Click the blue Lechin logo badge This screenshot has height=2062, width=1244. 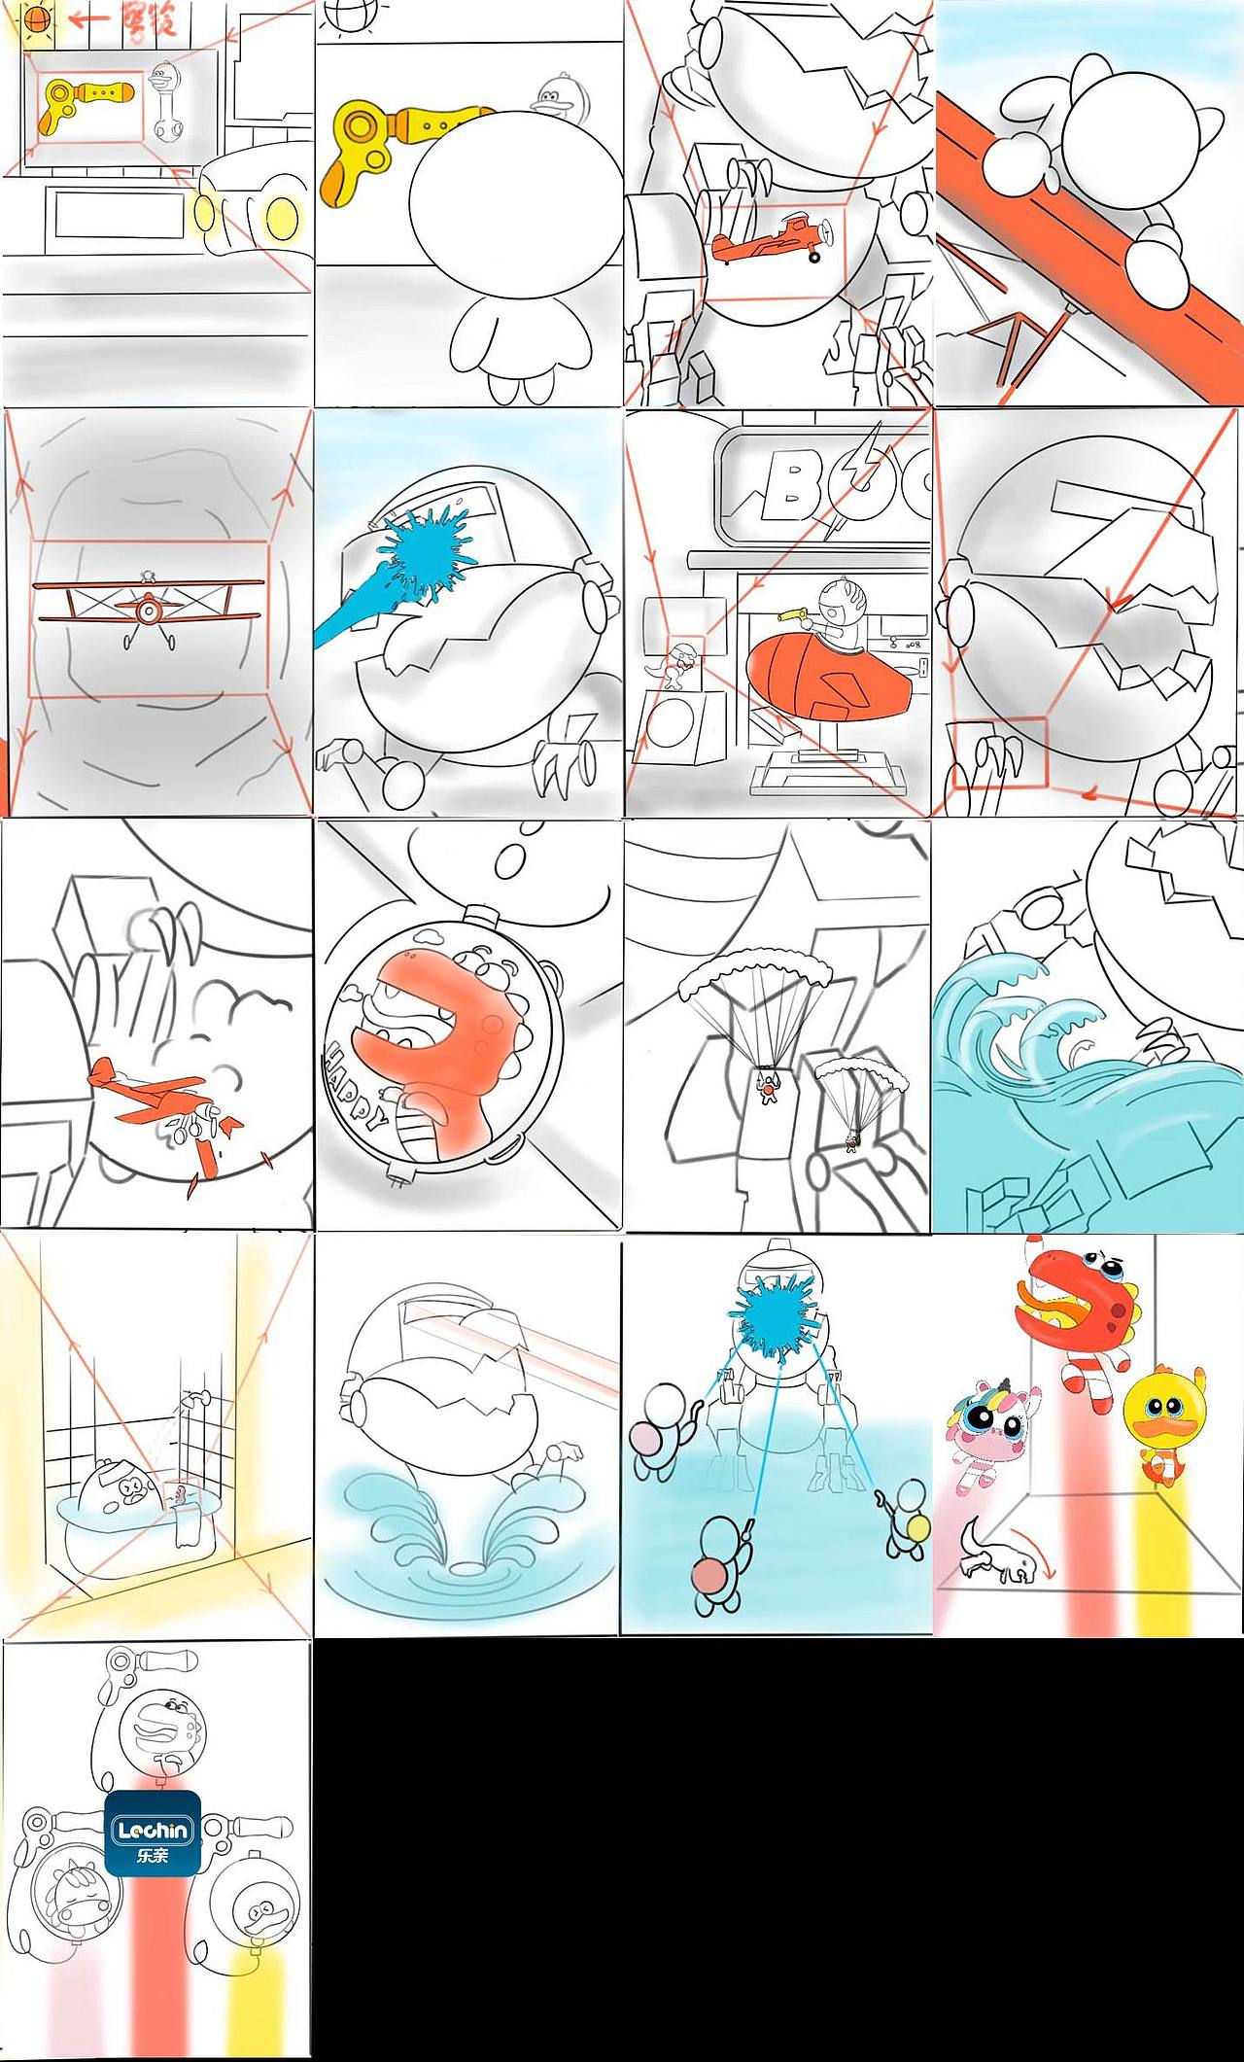[153, 1832]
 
